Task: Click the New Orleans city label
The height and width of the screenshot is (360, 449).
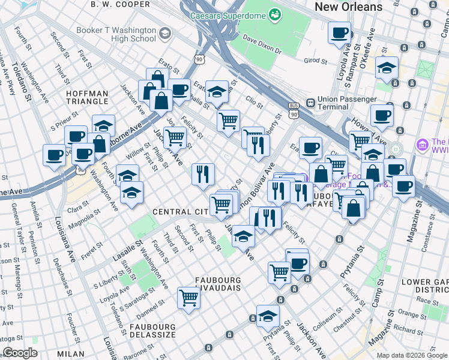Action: tap(348, 7)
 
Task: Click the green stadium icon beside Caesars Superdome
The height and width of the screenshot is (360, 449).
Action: tap(274, 14)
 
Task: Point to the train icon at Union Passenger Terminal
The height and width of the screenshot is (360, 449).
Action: tap(310, 102)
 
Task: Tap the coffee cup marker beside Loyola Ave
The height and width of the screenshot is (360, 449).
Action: tap(339, 32)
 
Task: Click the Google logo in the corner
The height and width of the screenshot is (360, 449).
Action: tap(20, 353)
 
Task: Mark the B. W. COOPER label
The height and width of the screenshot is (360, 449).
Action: tap(120, 4)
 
